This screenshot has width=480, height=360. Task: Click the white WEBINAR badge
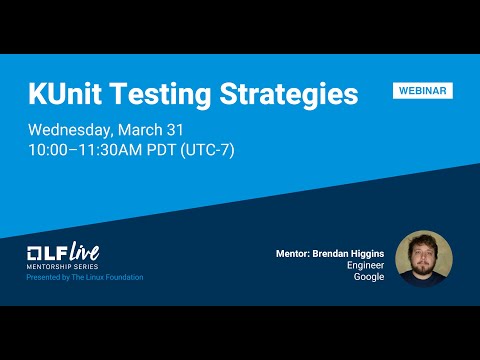(422, 91)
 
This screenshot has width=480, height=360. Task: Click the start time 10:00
(50, 150)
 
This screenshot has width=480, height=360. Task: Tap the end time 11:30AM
(114, 150)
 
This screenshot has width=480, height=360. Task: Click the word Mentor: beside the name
(297, 254)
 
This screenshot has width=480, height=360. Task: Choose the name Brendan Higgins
(351, 254)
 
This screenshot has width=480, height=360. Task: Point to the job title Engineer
(365, 266)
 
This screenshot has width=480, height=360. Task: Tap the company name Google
(369, 277)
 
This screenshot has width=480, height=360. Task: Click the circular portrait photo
(424, 259)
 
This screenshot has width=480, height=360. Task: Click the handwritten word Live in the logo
(84, 250)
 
